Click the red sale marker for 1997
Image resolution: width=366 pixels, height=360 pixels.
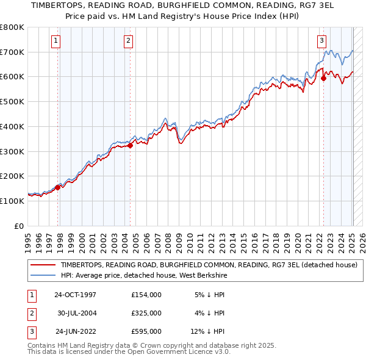(x=58, y=187)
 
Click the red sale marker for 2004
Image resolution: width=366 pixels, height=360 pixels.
(x=130, y=145)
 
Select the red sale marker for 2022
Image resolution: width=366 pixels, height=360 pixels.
(x=323, y=78)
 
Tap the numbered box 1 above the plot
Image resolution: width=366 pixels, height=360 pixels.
(x=56, y=41)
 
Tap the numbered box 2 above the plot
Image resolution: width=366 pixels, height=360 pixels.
(x=129, y=41)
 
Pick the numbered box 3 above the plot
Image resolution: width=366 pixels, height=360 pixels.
(x=321, y=41)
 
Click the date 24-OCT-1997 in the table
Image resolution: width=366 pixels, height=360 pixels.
(x=75, y=295)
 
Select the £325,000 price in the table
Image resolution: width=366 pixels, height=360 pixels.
(x=146, y=313)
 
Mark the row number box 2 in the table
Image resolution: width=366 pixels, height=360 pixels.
(x=30, y=313)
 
